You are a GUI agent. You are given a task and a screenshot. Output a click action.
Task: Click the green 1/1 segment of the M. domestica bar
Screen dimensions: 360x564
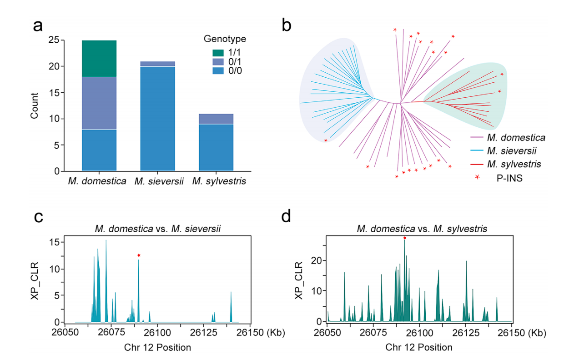pos(99,59)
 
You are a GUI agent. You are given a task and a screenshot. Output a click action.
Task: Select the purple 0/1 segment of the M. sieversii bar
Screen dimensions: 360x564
pos(158,64)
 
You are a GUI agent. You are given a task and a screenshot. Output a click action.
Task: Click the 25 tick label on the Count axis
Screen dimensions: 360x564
pos(53,40)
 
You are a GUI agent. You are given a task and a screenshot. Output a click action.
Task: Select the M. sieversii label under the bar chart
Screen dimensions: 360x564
pos(158,182)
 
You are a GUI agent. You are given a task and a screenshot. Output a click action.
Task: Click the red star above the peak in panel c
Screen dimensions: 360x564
pos(139,255)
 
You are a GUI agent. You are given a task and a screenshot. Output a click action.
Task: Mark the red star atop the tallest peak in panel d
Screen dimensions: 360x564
pos(404,238)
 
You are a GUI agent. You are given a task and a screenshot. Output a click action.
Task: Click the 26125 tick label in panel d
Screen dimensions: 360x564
pos(466,332)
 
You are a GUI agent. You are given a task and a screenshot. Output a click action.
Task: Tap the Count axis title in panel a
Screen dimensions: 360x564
pos(35,106)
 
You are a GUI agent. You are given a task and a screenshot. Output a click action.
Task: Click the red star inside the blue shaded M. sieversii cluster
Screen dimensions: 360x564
pos(326,141)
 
